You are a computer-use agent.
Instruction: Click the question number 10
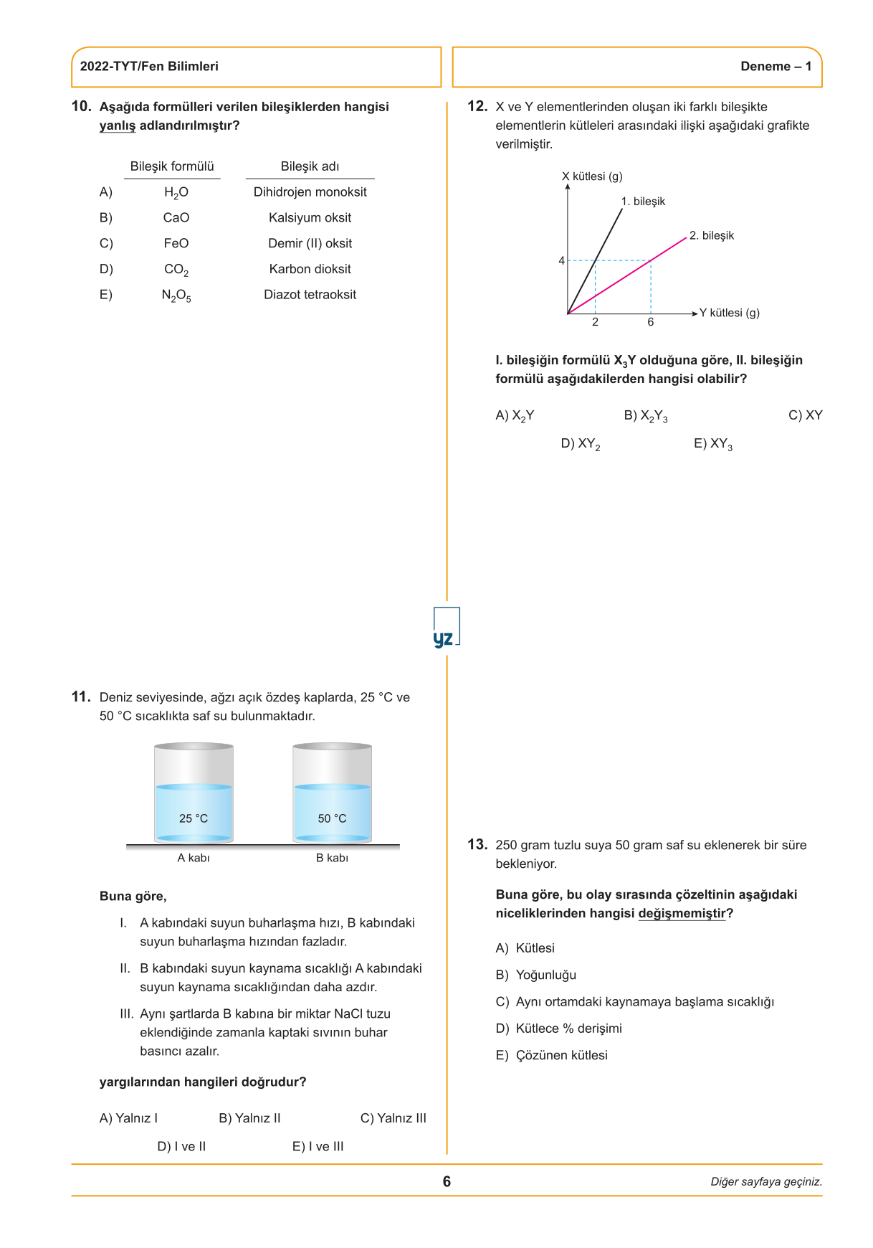click(x=81, y=106)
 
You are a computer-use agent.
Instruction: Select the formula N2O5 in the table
click(x=176, y=296)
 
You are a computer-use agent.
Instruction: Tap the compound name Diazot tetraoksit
click(x=310, y=295)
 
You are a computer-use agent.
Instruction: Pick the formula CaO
click(x=176, y=218)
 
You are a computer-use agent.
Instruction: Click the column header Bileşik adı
click(x=310, y=166)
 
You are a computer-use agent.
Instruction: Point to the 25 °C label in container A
click(x=194, y=818)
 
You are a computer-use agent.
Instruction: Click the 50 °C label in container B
click(x=332, y=818)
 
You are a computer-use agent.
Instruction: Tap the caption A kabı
click(x=194, y=858)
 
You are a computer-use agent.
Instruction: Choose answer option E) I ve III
click(x=318, y=1146)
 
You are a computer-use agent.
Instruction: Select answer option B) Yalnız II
click(x=249, y=1118)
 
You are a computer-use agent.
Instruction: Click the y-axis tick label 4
click(x=562, y=260)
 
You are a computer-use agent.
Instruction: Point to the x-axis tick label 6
click(x=651, y=322)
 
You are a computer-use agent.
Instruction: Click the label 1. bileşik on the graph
click(x=643, y=202)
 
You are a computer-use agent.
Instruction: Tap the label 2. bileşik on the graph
click(x=712, y=236)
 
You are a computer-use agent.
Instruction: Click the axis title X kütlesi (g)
click(x=592, y=176)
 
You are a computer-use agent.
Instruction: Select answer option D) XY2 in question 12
click(x=581, y=444)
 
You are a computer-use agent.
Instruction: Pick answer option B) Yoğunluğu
click(x=536, y=975)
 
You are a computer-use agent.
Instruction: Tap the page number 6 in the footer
click(x=447, y=1181)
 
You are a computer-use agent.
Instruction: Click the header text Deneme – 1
click(x=776, y=67)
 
